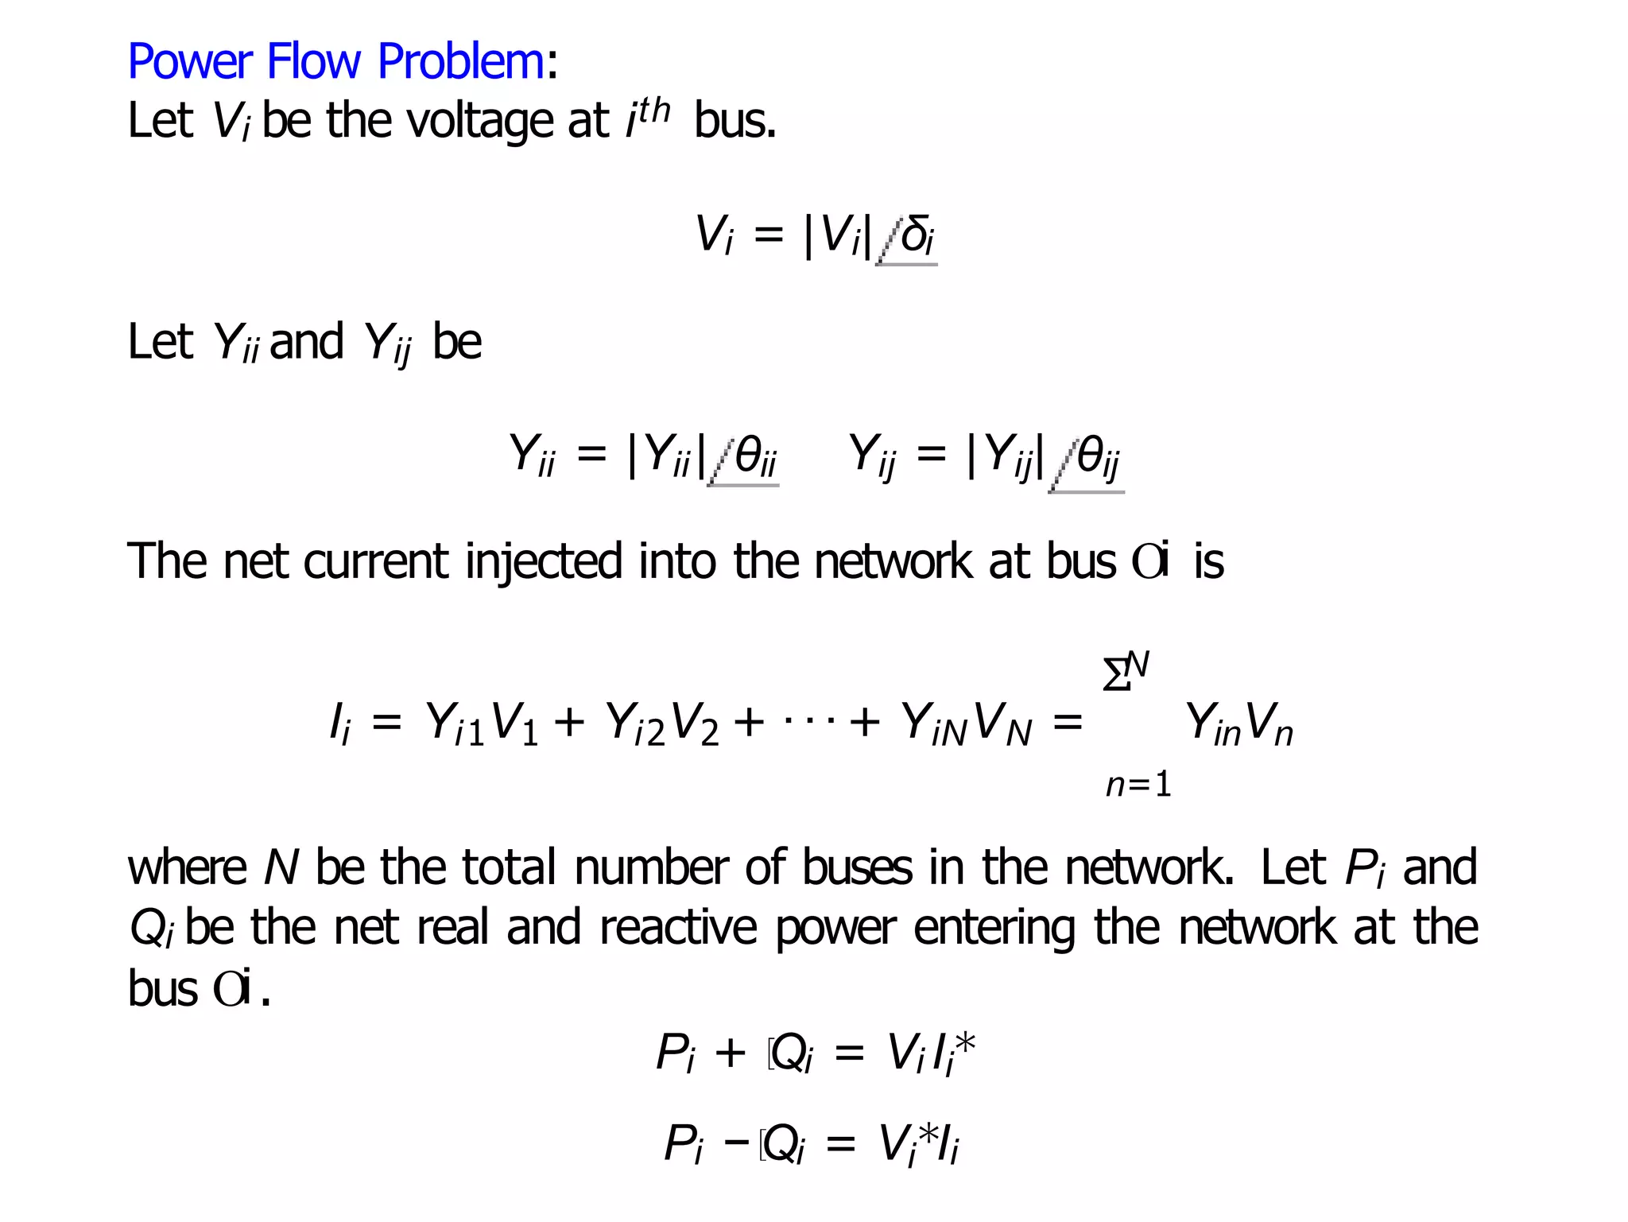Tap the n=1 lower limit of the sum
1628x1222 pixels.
coord(1138,786)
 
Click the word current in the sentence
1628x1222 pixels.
coord(375,561)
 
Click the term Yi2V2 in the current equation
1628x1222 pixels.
coord(661,724)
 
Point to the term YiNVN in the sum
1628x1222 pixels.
coord(965,724)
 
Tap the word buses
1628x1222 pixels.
coord(857,867)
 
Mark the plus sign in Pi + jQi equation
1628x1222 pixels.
coord(731,1053)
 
